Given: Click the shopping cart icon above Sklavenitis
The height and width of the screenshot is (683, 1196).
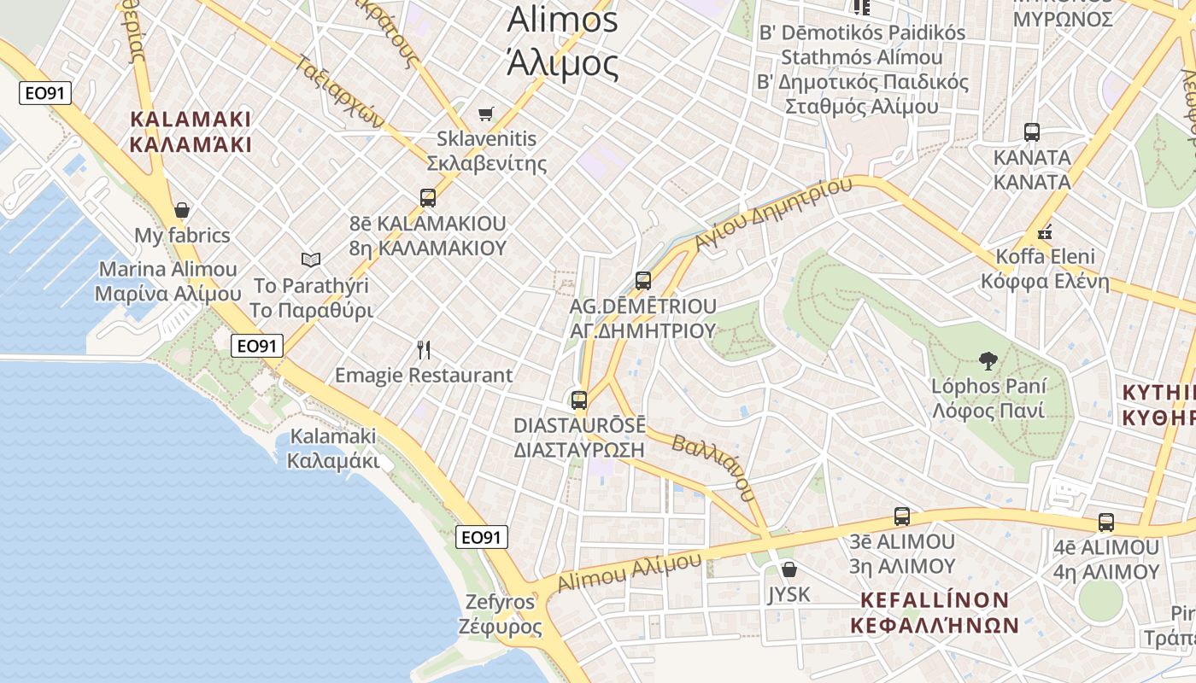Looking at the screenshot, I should [486, 114].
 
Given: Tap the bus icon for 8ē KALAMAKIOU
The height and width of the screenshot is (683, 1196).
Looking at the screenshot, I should [428, 198].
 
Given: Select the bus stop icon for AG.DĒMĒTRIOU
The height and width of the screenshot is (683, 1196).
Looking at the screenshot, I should [643, 280].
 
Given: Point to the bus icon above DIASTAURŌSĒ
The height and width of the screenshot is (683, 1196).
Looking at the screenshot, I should [579, 400].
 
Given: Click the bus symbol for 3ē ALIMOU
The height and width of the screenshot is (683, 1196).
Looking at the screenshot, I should [902, 516].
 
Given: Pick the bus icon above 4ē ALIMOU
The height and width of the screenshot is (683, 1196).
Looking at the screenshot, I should [1106, 522].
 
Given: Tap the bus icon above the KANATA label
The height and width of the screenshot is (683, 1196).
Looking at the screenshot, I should [1032, 132].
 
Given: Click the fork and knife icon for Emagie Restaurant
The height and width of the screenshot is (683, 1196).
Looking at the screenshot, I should [424, 349].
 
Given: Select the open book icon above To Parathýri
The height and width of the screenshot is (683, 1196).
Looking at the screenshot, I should [311, 260].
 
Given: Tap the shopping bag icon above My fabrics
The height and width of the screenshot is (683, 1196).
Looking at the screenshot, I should [181, 210].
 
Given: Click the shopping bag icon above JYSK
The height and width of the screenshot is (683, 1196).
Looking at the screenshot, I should [789, 569].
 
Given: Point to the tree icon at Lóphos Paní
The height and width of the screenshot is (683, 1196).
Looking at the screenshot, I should [988, 361].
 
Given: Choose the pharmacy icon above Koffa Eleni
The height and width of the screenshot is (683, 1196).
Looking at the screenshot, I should [1044, 231].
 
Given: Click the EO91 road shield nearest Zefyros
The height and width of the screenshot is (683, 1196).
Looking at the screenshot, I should [481, 537].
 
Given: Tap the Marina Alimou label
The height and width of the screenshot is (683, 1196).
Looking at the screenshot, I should [167, 282].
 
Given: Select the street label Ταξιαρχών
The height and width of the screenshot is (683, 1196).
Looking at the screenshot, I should [343, 90].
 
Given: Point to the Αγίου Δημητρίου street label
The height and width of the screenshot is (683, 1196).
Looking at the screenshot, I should [774, 213].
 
